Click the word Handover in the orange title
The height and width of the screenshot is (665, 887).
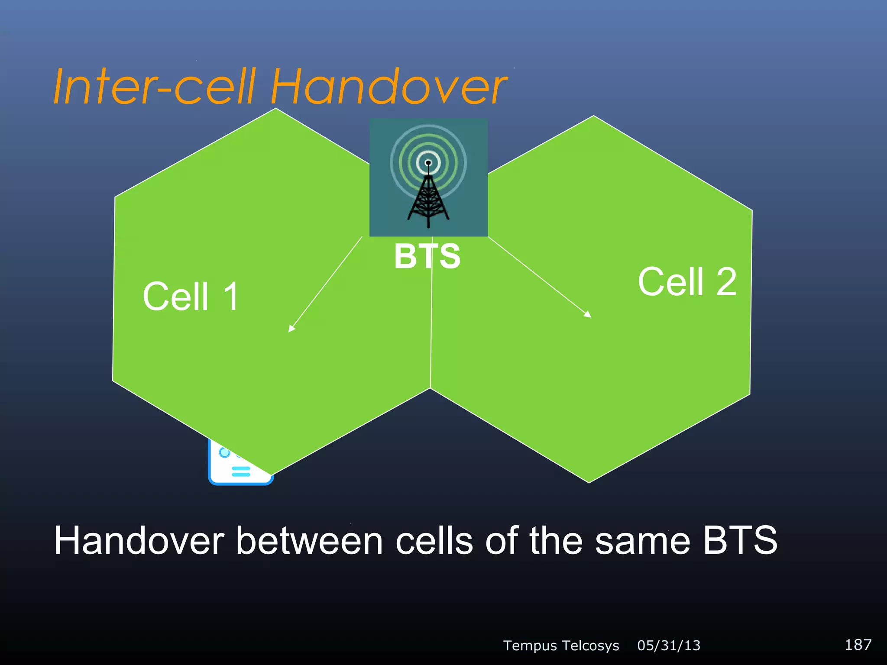click(x=388, y=87)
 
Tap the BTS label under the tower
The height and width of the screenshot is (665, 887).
click(x=427, y=256)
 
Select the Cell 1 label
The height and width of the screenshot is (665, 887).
click(x=191, y=297)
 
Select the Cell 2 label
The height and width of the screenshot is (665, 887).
click(x=687, y=282)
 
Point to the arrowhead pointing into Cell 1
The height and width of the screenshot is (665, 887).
click(x=291, y=329)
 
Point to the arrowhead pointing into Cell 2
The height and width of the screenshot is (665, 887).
click(x=588, y=315)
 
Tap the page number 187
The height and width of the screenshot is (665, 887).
click(x=858, y=645)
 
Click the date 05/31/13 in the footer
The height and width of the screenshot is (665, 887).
click(x=669, y=646)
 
